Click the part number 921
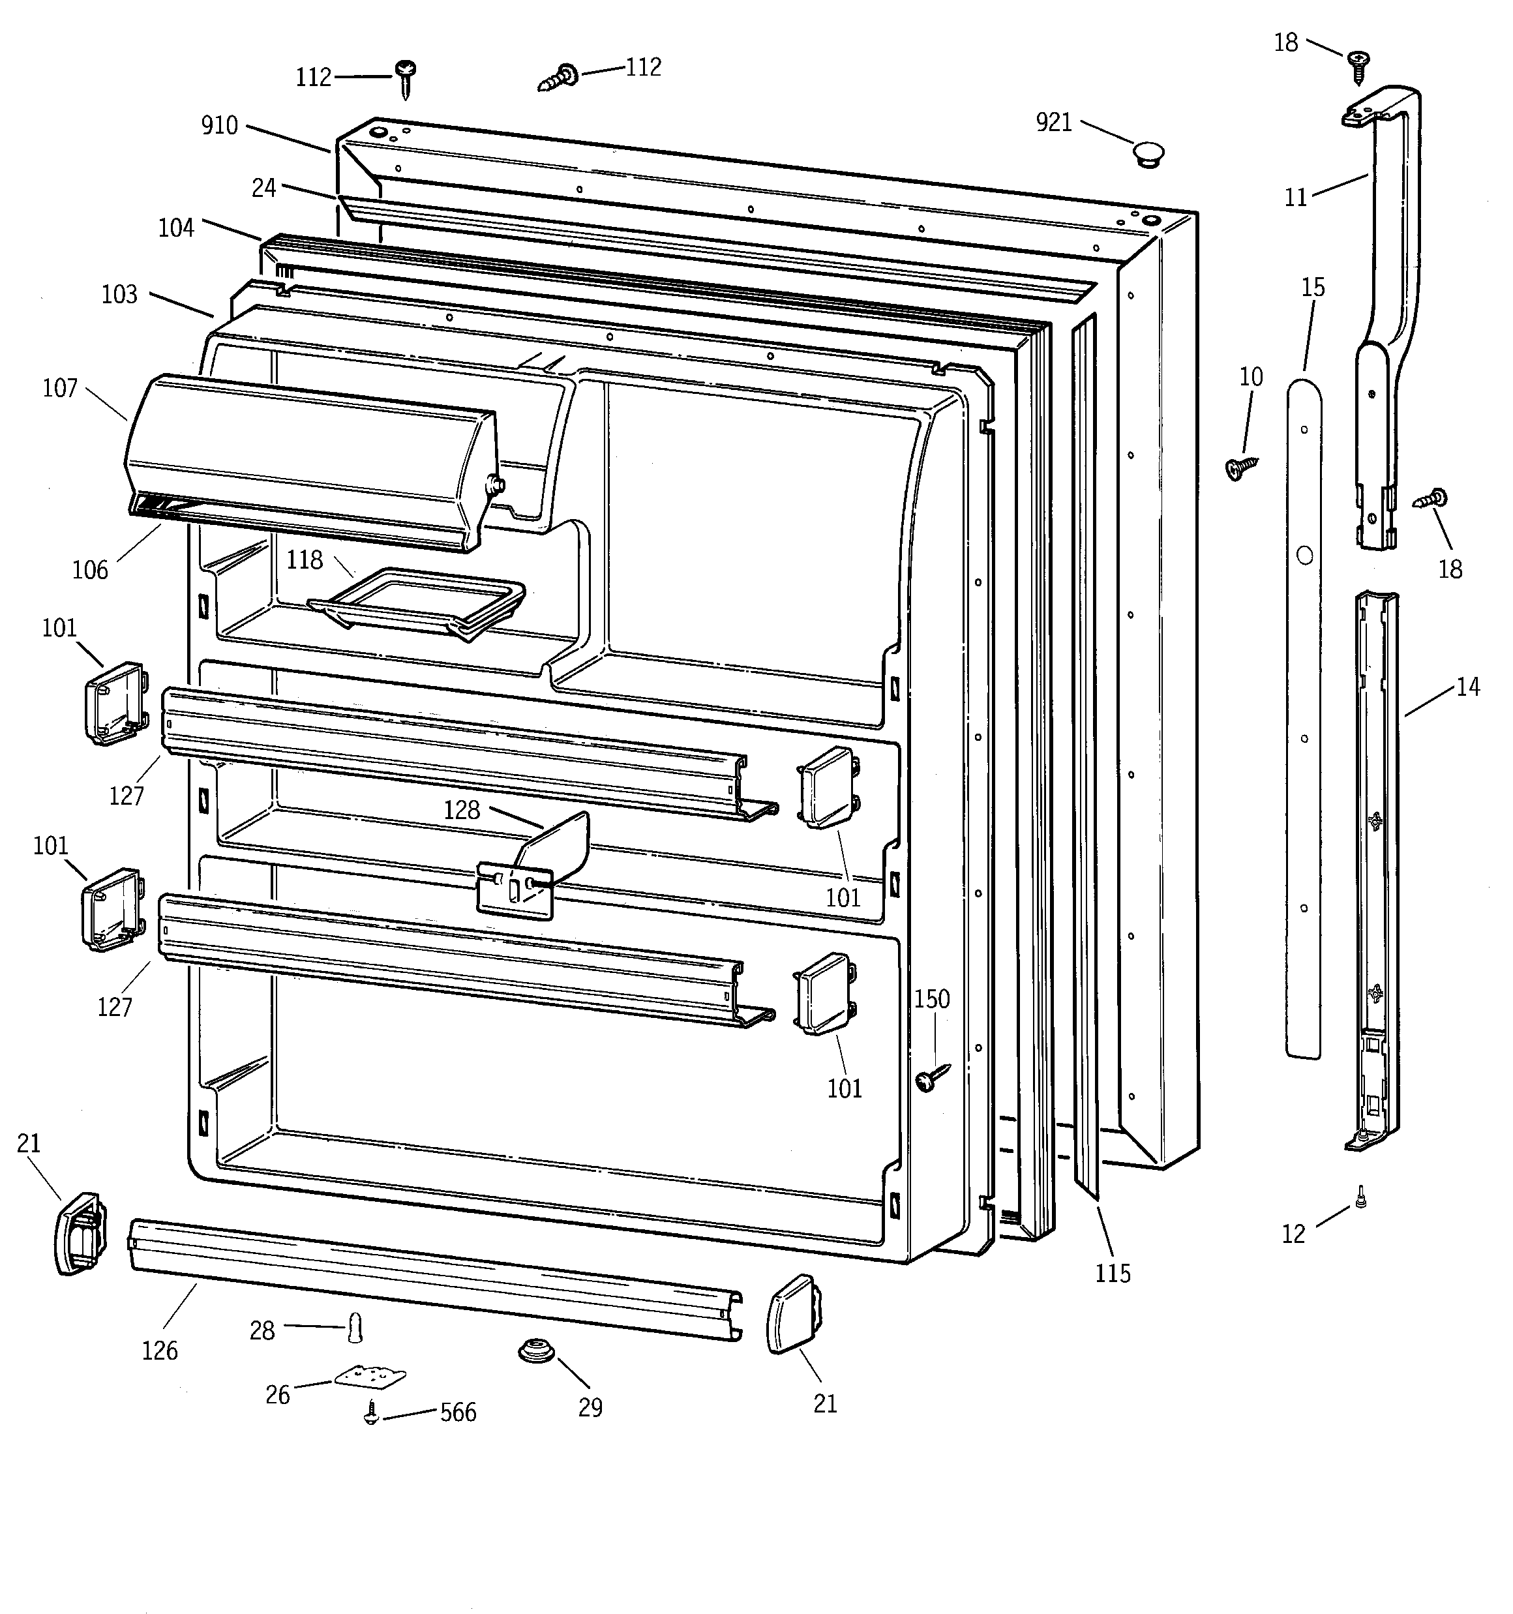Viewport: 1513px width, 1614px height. pyautogui.click(x=1053, y=123)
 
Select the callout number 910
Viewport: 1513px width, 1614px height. pyautogui.click(x=219, y=126)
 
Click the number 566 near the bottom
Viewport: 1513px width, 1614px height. pyautogui.click(x=458, y=1412)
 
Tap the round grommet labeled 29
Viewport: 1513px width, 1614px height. pyautogui.click(x=533, y=1352)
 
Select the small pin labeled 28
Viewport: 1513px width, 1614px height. pyautogui.click(x=354, y=1328)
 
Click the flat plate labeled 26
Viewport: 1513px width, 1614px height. pyautogui.click(x=370, y=1376)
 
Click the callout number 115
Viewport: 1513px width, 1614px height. pyautogui.click(x=1112, y=1273)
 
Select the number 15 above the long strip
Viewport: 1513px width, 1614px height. pyautogui.click(x=1312, y=288)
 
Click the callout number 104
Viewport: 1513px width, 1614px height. pyautogui.click(x=176, y=228)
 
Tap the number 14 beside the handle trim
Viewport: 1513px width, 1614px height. pyautogui.click(x=1467, y=687)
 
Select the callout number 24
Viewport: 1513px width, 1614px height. pyautogui.click(x=264, y=188)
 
